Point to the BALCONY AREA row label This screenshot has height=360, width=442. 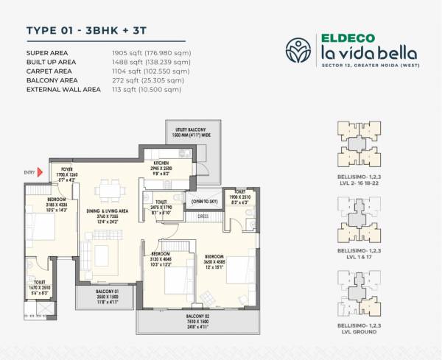point(53,80)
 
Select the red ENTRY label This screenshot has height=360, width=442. point(29,173)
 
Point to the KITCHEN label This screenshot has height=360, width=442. point(162,163)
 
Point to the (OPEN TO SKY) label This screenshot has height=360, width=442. point(203,200)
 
